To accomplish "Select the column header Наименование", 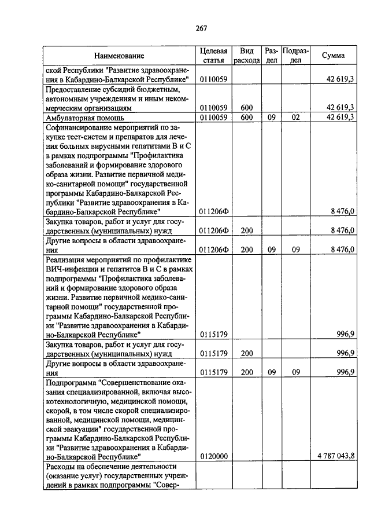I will [x=120, y=56].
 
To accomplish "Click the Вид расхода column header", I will [x=247, y=56].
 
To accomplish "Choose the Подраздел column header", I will [x=295, y=56].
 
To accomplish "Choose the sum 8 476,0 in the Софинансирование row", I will [x=342, y=212].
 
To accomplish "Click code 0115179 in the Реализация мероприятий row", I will [x=214, y=334].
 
